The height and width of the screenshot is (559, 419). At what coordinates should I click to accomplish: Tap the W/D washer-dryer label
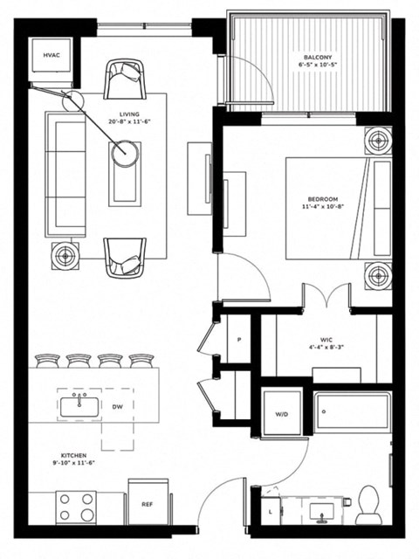(282, 415)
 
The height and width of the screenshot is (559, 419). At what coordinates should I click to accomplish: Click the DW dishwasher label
(118, 406)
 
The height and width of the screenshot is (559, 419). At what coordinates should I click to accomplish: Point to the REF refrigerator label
(147, 504)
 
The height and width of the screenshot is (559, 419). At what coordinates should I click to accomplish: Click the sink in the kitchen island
(81, 405)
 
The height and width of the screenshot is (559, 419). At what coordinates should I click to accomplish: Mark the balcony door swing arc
(257, 87)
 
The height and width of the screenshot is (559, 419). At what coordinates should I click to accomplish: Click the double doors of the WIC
(326, 297)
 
